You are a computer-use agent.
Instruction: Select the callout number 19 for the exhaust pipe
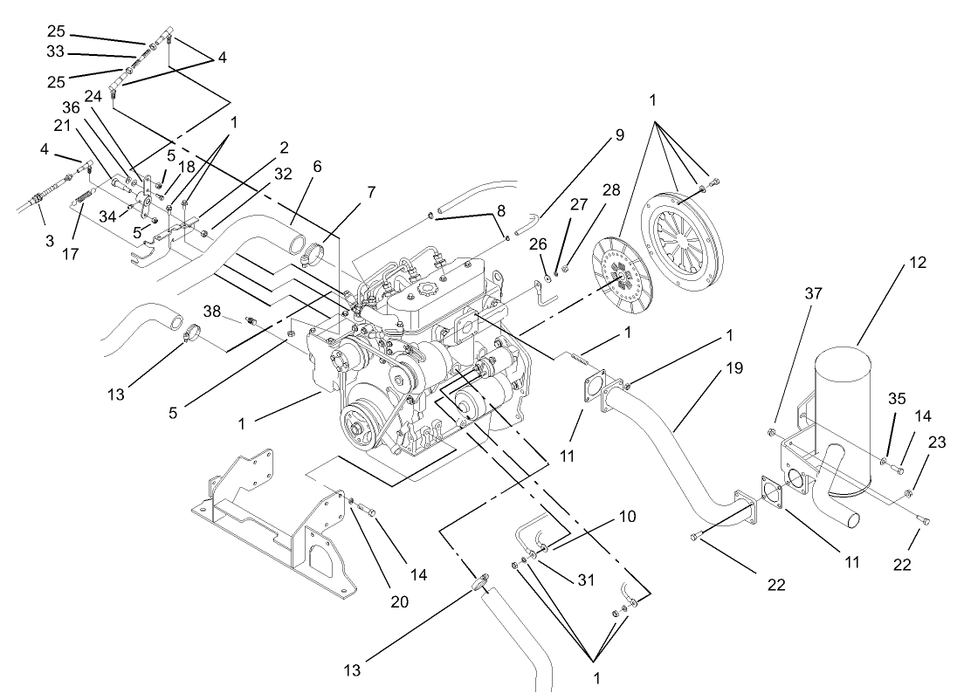point(734,367)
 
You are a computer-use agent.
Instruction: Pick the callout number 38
point(212,311)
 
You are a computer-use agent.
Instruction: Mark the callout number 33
point(55,51)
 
